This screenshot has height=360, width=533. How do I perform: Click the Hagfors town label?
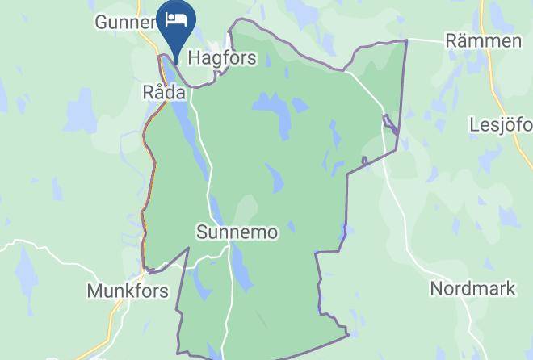pos(222,58)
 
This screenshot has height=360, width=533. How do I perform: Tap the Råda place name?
pos(164,92)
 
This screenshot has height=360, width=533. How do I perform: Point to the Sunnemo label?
pos(237,232)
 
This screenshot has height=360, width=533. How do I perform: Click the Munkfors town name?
pos(128,290)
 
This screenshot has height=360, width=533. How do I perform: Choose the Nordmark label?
pos(472,288)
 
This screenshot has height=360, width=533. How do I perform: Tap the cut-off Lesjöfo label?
pos(501,125)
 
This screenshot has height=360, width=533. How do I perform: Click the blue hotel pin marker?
pos(175,24)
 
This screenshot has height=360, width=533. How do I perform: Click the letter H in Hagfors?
pos(194,58)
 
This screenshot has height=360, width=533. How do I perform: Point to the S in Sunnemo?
pos(202,232)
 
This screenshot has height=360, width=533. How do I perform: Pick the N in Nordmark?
pos(437,288)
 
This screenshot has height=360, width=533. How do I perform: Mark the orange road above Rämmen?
pos(487,15)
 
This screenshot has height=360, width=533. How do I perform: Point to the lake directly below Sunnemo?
pos(240,270)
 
